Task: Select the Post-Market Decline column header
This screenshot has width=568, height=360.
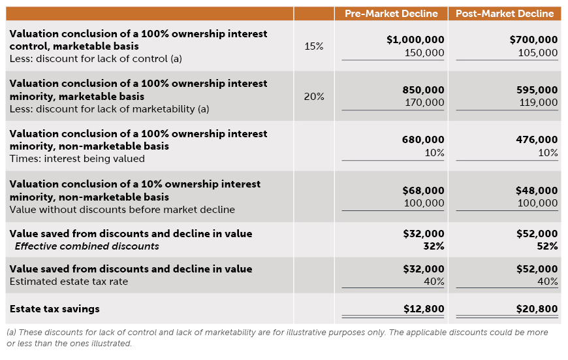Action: (504, 14)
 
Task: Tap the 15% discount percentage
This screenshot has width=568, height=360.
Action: (314, 46)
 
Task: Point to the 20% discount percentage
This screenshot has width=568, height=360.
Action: (314, 97)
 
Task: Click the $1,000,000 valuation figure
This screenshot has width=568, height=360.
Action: (415, 40)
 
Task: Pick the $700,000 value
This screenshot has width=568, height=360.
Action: (533, 40)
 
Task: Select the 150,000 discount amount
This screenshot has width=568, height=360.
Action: (424, 53)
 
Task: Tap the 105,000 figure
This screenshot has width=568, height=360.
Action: (538, 53)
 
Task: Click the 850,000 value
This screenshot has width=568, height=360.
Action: (424, 90)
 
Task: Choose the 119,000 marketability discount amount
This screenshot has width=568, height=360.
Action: (538, 103)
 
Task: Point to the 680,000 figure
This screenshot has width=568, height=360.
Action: (424, 139)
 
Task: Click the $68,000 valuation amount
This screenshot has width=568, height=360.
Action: (423, 190)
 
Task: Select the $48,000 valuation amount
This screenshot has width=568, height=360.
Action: (537, 190)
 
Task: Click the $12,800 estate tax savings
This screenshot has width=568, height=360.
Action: (423, 308)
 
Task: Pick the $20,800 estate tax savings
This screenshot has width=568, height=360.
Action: (537, 308)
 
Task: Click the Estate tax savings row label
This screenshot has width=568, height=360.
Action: (55, 308)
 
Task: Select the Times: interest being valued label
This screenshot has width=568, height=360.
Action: (77, 159)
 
